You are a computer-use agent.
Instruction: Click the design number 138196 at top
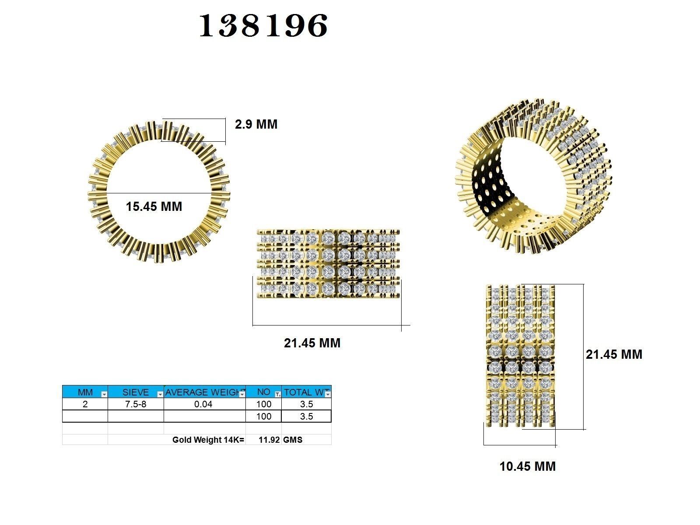click(263, 25)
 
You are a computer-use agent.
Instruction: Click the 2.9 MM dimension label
click(256, 124)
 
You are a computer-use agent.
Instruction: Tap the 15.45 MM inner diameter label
click(154, 206)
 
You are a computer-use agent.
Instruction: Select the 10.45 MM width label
click(527, 466)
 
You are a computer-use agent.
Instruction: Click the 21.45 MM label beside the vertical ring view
click(614, 354)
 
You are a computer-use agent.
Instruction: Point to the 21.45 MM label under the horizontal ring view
click(312, 343)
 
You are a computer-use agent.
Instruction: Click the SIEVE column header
click(135, 392)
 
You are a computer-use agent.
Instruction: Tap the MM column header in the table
click(85, 392)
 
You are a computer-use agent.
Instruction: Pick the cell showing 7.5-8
click(136, 404)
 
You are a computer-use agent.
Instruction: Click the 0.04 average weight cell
click(203, 404)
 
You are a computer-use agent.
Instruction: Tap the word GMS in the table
click(293, 440)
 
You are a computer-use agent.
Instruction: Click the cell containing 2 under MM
click(85, 404)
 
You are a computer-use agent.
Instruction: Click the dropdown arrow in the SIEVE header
click(160, 394)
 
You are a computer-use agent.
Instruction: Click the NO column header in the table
click(263, 392)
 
